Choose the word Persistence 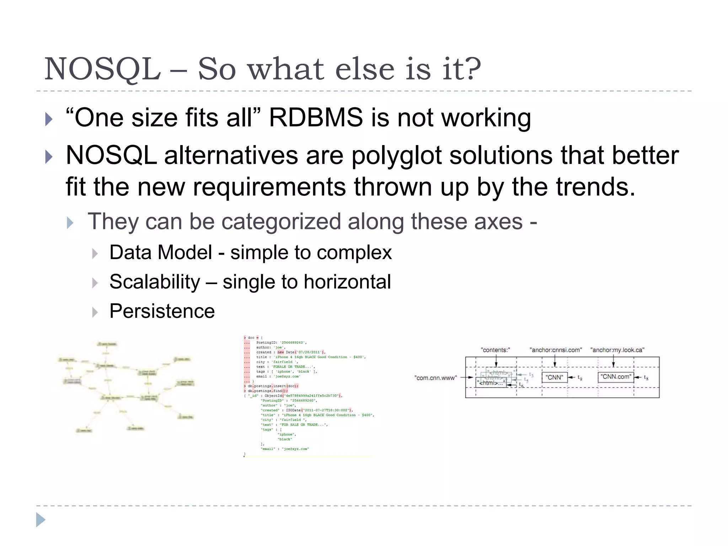162,311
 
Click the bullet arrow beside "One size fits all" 49,119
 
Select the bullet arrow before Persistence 95,312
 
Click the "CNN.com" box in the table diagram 616,377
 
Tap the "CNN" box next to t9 554,377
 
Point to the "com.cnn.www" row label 435,378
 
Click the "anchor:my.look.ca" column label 617,350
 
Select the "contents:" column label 495,350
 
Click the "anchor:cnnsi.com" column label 555,350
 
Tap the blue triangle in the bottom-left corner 41,520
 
